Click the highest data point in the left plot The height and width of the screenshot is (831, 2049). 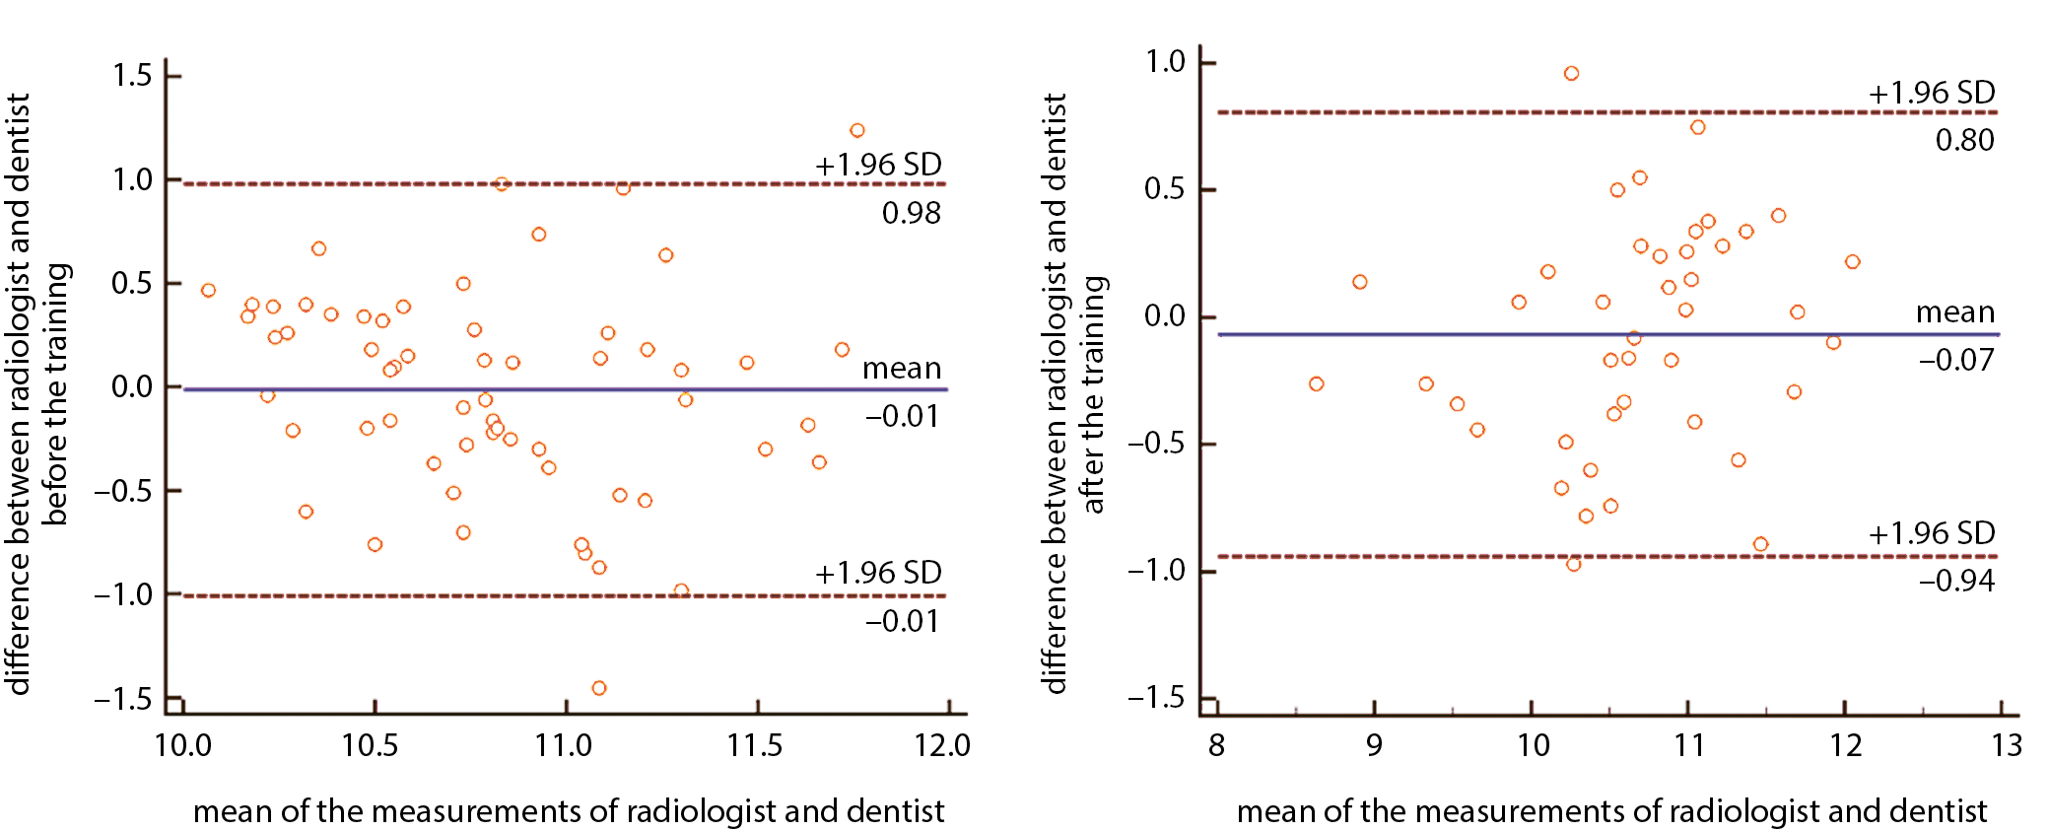[856, 130]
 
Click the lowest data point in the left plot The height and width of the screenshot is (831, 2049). [598, 688]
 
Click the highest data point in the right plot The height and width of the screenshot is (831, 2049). [1571, 74]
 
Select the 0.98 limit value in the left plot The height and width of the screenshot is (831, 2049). [911, 213]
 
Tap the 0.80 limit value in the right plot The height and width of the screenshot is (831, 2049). [1964, 140]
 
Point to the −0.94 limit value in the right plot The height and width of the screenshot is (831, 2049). [1956, 581]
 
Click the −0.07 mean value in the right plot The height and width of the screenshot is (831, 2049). [1956, 360]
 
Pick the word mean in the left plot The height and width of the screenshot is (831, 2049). [902, 369]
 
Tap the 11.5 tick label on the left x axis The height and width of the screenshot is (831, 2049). [755, 745]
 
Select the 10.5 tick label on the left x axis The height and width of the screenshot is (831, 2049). [371, 745]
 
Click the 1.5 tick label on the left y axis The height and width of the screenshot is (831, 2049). [132, 76]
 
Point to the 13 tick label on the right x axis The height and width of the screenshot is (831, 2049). [2007, 745]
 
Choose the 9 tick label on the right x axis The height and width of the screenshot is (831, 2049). [1374, 745]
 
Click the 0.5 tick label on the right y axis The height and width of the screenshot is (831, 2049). [1164, 189]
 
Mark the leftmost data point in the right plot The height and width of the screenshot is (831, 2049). [1316, 383]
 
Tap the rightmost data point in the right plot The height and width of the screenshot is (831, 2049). [1852, 262]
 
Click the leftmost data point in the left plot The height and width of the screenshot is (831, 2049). [208, 290]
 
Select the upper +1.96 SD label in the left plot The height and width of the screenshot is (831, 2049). [878, 165]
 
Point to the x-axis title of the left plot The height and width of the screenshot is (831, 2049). [569, 811]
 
